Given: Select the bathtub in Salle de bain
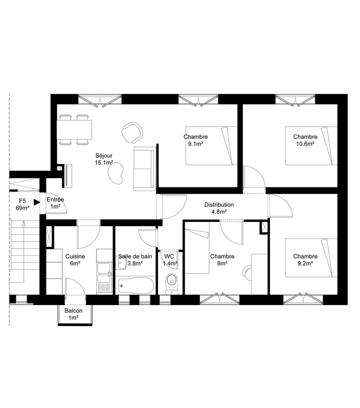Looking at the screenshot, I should click(x=136, y=285).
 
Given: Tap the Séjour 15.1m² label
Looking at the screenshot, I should click(x=104, y=159).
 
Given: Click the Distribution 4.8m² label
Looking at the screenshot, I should click(x=218, y=208).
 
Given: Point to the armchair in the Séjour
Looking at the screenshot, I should click(x=132, y=132).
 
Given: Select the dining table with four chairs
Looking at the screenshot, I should click(x=75, y=129).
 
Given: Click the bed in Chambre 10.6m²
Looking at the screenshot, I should click(x=312, y=146).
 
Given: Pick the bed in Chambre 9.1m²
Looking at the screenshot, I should click(x=211, y=146).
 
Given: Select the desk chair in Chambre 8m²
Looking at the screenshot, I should click(x=248, y=272).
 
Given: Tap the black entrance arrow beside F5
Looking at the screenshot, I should click(x=37, y=202).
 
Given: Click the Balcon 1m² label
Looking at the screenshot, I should click(x=74, y=314).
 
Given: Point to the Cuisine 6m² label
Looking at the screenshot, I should click(x=75, y=260).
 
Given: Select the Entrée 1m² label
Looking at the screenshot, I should click(x=55, y=203).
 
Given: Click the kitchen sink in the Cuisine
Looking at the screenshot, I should click(x=104, y=271).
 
